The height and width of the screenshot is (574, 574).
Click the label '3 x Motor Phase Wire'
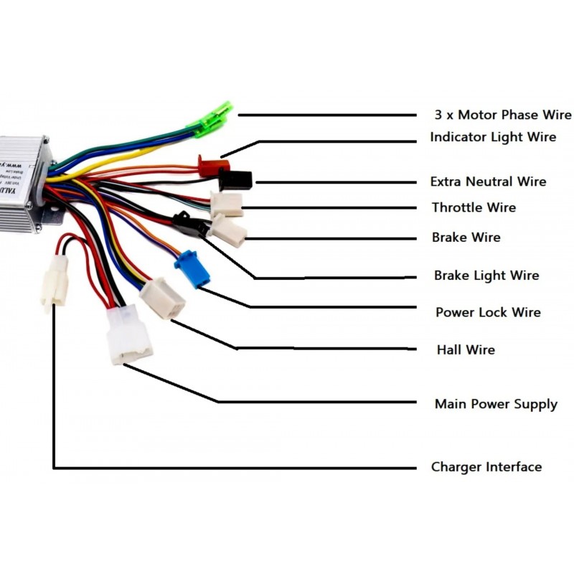[x=502, y=115]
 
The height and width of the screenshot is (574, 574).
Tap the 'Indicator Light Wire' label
[x=493, y=136]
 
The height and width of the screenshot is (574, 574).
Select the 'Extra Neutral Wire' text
[x=488, y=182]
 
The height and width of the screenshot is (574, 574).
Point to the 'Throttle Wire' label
[x=474, y=208]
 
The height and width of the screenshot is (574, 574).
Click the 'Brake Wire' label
[x=466, y=237]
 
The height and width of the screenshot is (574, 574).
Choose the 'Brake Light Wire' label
[x=486, y=276]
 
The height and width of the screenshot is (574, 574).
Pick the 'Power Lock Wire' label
[x=488, y=313]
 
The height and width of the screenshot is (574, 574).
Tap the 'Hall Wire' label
[x=466, y=350]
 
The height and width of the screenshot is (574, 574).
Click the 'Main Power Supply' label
[x=496, y=404]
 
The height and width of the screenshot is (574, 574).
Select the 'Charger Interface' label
[x=486, y=467]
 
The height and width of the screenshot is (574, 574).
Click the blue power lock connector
[x=192, y=270]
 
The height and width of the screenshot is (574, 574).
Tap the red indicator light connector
[x=210, y=166]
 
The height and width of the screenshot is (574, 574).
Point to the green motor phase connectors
[x=212, y=118]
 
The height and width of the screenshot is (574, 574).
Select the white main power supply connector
[x=128, y=335]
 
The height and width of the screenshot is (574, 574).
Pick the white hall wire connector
[x=162, y=298]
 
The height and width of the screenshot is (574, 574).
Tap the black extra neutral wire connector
[x=235, y=179]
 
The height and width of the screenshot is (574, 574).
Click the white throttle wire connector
[x=227, y=204]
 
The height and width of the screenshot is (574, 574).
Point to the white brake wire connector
[x=229, y=230]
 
